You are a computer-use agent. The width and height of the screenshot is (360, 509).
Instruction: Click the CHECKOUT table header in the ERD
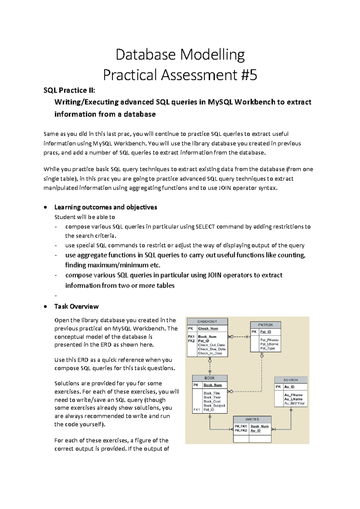pyautogui.click(x=207, y=321)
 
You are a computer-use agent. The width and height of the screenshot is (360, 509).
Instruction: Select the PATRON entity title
pyautogui.click(x=265, y=325)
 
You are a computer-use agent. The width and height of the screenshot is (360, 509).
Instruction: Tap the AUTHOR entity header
pyautogui.click(x=291, y=380)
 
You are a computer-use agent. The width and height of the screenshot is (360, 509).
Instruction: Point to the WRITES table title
pyautogui.click(x=252, y=419)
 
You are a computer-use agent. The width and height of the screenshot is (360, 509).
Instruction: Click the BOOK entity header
pyautogui.click(x=210, y=378)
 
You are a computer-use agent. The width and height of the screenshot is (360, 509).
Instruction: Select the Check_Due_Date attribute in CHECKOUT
pyautogui.click(x=212, y=349)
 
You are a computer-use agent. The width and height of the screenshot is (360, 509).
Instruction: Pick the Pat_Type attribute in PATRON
pyautogui.click(x=268, y=348)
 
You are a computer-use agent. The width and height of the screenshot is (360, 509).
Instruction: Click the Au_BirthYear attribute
pyautogui.click(x=294, y=403)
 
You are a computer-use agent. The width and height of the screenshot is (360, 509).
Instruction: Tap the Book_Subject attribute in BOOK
pyautogui.click(x=214, y=406)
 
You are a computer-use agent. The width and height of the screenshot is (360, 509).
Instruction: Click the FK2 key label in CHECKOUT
pyautogui.click(x=191, y=341)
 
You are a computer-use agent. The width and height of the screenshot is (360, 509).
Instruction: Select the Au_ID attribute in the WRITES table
pyautogui.click(x=256, y=431)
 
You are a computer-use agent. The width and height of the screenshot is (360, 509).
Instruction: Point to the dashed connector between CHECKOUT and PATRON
pyautogui.click(x=239, y=337)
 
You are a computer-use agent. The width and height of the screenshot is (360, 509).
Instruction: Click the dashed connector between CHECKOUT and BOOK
pyautogui.click(x=210, y=366)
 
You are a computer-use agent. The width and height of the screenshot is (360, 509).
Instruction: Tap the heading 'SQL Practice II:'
pyautogui.click(x=69, y=90)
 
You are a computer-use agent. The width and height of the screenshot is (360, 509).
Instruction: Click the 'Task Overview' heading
pyautogui.click(x=76, y=306)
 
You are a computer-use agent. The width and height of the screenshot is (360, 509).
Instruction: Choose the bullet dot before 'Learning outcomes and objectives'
pyautogui.click(x=45, y=207)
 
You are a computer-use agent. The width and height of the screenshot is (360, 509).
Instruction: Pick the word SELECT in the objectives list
pyautogui.click(x=205, y=227)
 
